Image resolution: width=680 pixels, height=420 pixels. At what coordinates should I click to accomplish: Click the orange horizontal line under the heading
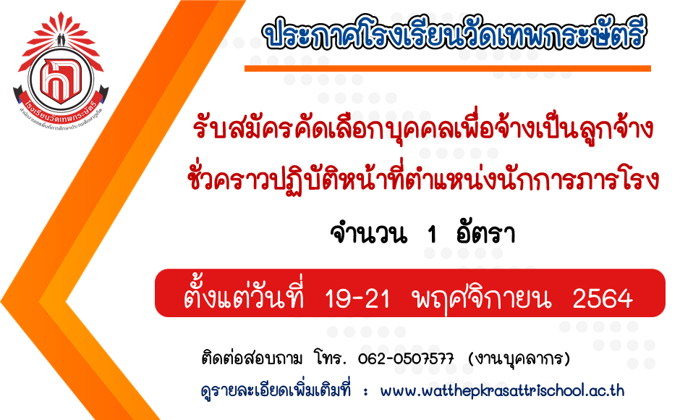click(448, 68)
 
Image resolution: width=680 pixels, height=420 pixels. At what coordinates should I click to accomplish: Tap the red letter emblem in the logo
click(60, 80)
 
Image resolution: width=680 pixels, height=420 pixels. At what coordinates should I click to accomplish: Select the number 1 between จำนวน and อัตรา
click(431, 235)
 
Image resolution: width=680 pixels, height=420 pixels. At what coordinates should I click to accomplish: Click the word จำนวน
click(369, 234)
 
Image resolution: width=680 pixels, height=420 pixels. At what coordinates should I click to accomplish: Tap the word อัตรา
click(485, 234)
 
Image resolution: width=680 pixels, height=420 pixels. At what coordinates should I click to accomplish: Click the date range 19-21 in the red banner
click(357, 299)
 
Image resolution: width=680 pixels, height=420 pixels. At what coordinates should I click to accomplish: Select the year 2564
click(602, 299)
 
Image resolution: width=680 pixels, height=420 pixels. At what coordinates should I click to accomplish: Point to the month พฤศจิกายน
click(482, 298)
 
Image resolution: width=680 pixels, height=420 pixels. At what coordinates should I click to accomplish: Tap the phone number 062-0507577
click(406, 358)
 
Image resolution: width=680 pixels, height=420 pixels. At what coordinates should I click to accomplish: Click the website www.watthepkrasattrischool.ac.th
click(502, 390)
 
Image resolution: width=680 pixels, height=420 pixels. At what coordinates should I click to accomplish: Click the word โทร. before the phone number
click(330, 358)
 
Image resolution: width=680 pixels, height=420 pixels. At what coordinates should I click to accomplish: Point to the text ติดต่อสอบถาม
click(252, 358)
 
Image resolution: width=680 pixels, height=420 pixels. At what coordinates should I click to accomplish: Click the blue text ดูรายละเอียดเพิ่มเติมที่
click(276, 390)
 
